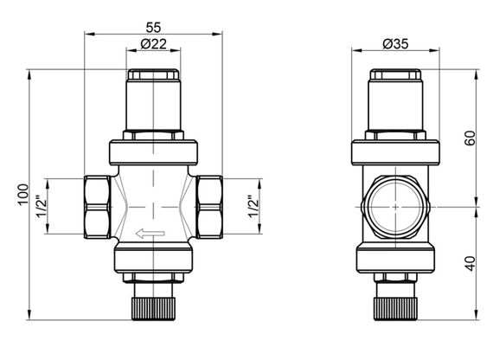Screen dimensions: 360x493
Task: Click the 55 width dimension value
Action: [x=153, y=26]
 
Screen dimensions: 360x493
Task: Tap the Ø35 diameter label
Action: [x=394, y=44]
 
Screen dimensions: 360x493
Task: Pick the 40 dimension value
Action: [x=470, y=263]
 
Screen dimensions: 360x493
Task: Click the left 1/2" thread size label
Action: [x=41, y=208]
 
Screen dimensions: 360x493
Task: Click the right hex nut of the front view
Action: [x=210, y=208]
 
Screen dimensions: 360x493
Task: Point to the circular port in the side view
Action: [x=394, y=209]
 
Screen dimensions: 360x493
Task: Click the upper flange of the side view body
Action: [x=394, y=153]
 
